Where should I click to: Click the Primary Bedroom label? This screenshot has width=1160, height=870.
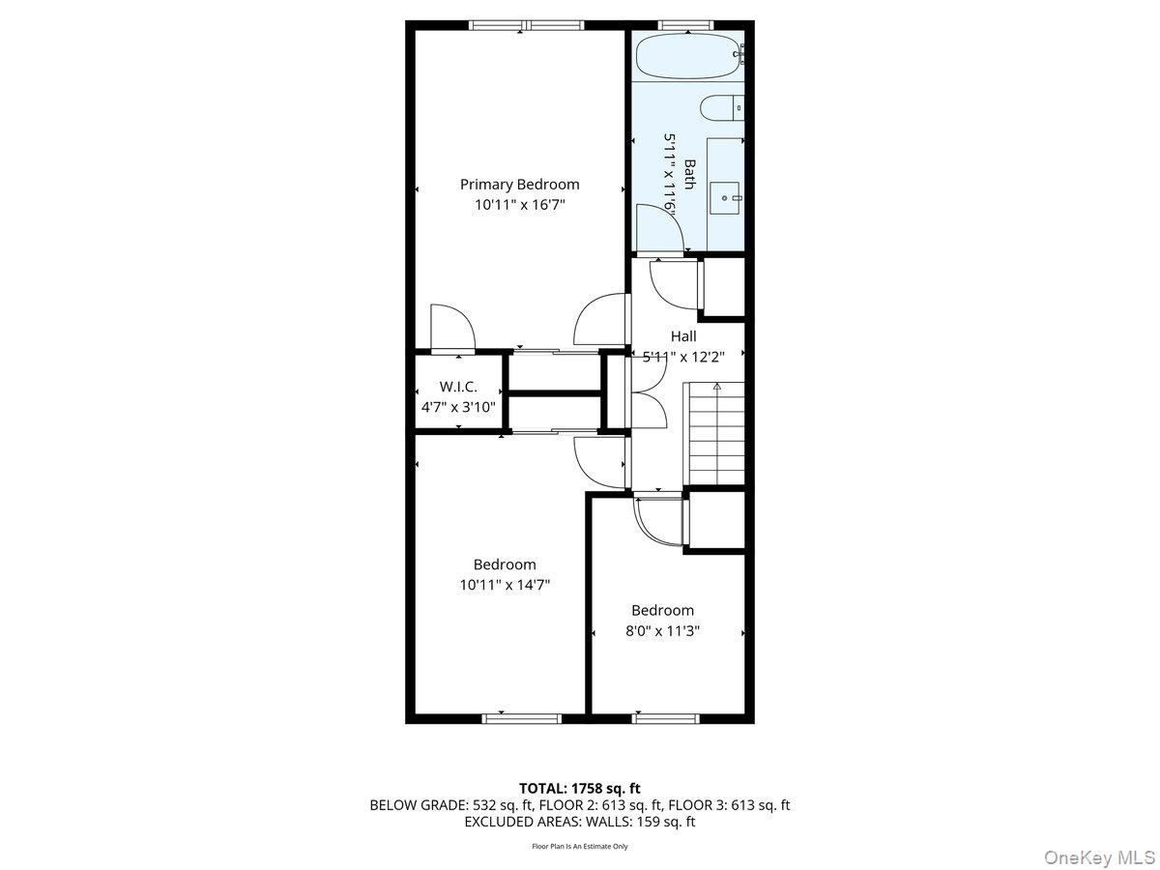519,185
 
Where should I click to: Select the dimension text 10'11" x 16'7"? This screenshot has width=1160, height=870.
519,205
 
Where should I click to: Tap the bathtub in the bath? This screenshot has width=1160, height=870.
686,57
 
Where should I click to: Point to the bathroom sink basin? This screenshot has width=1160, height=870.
725,198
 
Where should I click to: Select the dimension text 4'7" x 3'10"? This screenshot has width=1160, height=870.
458,407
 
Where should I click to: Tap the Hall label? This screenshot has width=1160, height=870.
683,336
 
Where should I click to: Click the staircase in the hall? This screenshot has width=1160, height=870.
716,435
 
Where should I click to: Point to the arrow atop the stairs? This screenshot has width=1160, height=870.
716,387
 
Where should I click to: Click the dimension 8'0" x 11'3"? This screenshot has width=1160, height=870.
662,631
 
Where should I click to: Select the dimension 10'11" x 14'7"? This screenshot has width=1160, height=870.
505,585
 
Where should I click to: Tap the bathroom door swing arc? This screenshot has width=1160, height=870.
664,232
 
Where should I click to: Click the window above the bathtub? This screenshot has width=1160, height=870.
685,24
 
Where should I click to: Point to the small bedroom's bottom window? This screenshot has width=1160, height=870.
665,718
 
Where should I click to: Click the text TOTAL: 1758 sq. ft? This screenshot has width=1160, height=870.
580,788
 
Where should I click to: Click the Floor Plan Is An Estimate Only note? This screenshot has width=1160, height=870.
580,847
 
